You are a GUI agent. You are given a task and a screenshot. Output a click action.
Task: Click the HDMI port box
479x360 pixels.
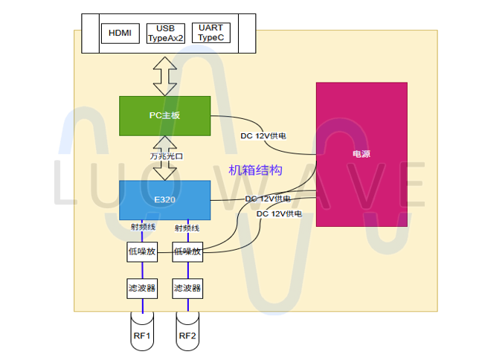tap(120, 33)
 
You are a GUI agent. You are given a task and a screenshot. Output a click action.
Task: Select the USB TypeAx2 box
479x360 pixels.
tap(165, 33)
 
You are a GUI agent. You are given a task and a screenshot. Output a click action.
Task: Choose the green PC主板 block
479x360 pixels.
tap(164, 115)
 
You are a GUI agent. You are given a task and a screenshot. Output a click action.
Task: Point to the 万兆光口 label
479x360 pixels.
tap(164, 156)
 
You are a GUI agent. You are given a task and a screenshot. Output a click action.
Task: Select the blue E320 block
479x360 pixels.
tap(164, 199)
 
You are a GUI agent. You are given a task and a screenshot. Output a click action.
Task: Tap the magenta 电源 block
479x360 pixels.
tap(361, 154)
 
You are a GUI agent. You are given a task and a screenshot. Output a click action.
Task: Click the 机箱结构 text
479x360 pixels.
tap(255, 170)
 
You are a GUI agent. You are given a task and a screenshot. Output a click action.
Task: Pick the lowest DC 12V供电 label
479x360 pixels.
tap(279, 213)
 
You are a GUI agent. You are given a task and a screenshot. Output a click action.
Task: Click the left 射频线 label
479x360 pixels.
tap(141, 227)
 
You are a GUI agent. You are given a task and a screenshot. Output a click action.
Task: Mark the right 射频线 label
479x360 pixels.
tap(187, 228)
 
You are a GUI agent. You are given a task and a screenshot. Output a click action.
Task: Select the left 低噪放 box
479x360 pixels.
tap(141, 251)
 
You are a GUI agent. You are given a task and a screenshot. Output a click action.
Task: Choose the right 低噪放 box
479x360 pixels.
tap(187, 251)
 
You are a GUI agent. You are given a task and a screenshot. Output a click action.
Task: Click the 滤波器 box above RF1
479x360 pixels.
tap(141, 287)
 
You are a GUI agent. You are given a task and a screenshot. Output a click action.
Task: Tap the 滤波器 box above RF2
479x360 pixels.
tap(187, 287)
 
